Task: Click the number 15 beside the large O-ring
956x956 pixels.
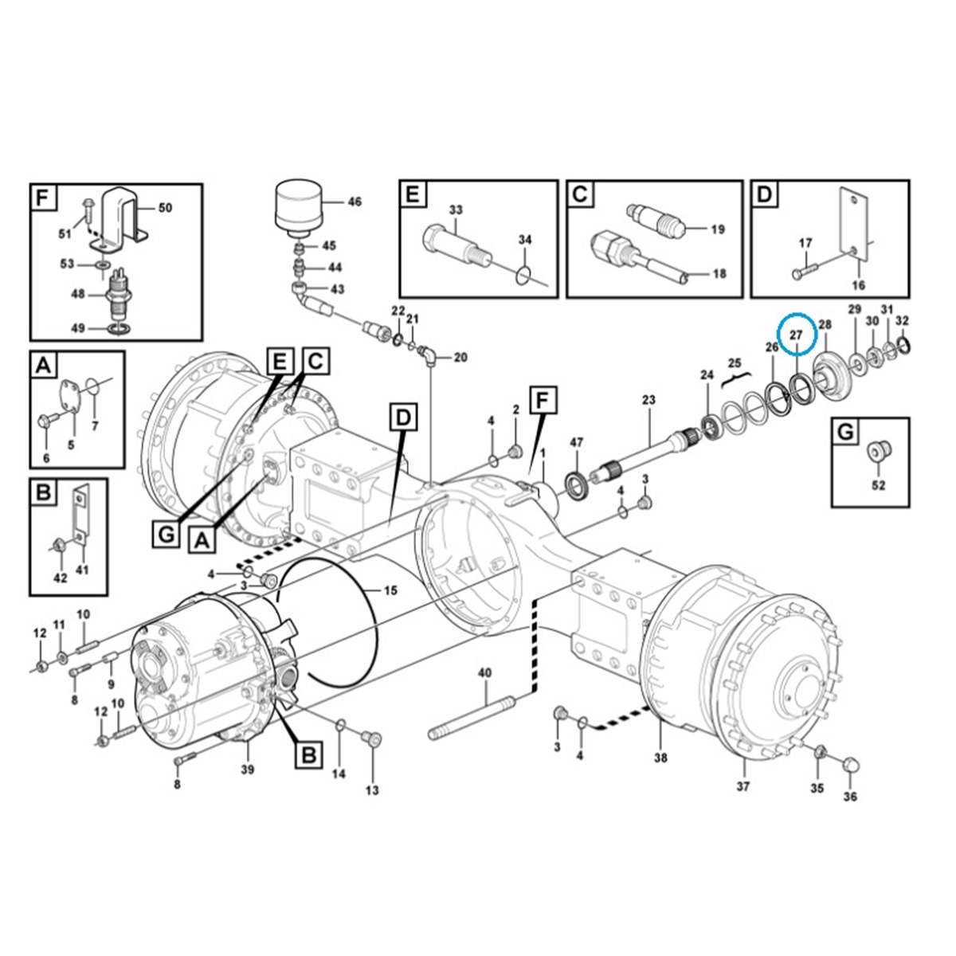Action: point(390,591)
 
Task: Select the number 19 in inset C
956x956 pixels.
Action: point(718,229)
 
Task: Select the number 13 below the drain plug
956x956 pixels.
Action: point(372,790)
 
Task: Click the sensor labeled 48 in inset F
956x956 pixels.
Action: point(118,301)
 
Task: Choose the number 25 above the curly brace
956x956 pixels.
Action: point(735,363)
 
